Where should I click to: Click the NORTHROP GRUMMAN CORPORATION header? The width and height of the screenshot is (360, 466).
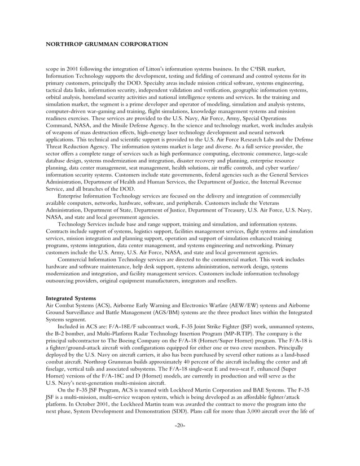click(x=106, y=43)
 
